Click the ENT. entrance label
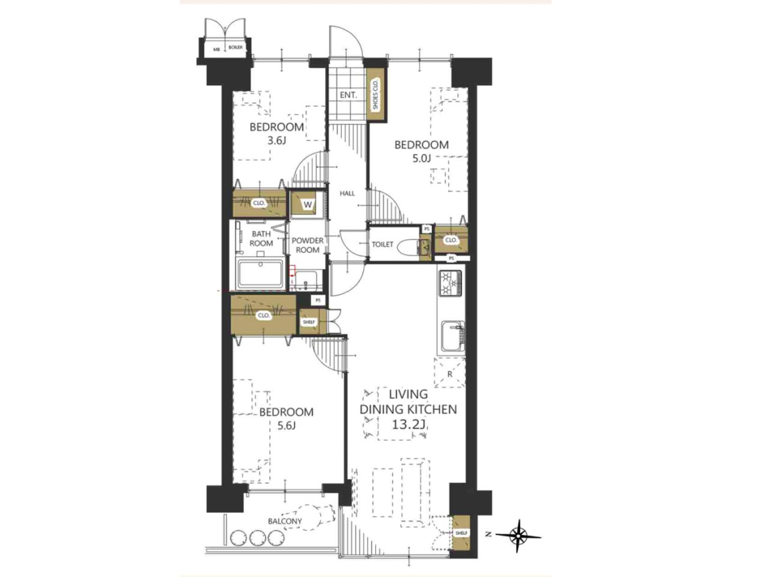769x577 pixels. click(x=348, y=94)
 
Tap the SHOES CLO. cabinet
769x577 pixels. click(x=376, y=94)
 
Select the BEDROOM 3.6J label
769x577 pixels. click(x=277, y=134)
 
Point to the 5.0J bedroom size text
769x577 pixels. click(x=422, y=159)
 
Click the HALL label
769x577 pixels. click(x=347, y=193)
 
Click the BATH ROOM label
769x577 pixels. click(x=261, y=238)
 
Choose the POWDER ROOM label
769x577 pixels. click(x=308, y=245)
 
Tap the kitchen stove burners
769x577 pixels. click(x=451, y=283)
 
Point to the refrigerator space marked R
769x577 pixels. click(x=450, y=373)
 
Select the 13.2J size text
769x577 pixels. click(x=408, y=425)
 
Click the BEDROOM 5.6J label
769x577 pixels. click(x=287, y=418)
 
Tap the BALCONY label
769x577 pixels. click(x=285, y=521)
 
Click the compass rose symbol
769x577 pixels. click(x=518, y=534)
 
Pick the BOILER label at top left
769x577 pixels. click(x=236, y=48)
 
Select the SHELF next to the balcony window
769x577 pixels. click(x=461, y=533)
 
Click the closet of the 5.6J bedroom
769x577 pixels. click(x=264, y=315)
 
